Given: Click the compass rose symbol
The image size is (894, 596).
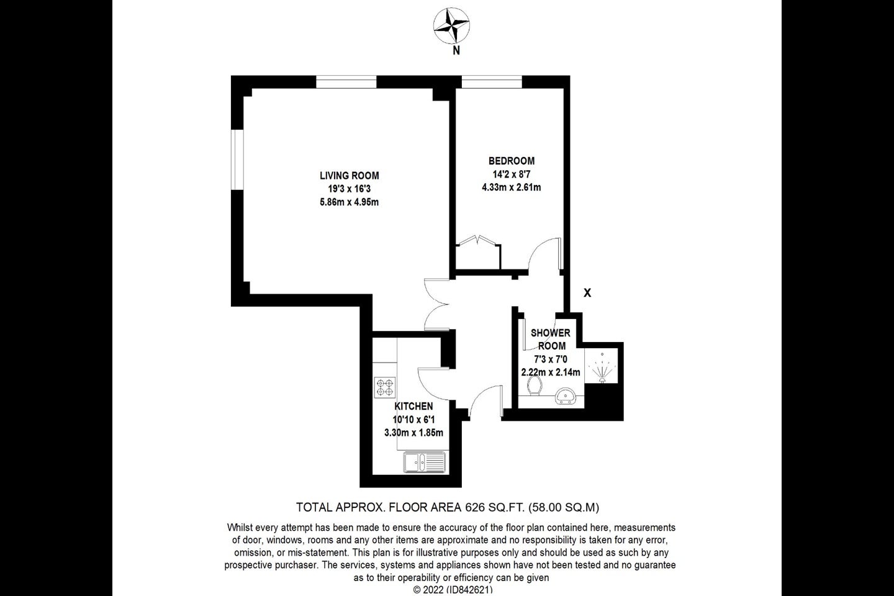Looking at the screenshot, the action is coord(451,26).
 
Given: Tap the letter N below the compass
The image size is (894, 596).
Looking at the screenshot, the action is coord(456,51).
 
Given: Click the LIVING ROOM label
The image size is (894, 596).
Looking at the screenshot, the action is coord(349,176).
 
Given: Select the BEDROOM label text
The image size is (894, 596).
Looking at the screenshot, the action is coord(512,161).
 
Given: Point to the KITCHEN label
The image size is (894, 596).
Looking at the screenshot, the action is coord(413,407).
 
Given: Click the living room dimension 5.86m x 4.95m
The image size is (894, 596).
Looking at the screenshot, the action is coord(349,202).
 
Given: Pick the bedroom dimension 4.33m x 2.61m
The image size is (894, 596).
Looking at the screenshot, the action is coord(512,187).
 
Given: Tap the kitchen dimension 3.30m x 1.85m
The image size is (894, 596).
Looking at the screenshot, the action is coord(413,433).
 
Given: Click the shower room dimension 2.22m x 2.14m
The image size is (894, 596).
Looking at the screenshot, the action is coord(551,372).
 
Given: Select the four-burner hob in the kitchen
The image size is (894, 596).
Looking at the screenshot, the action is coord(385,387).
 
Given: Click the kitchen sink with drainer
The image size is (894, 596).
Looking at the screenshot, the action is coord(424,463).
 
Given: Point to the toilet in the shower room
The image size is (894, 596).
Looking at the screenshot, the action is coord(534,386).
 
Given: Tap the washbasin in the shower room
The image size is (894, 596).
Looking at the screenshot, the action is coord(565,395).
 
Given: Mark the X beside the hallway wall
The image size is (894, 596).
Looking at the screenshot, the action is coord(587,293).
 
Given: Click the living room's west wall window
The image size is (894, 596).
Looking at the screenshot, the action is coord(237,160).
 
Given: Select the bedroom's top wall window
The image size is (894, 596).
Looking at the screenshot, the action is coord(492,82).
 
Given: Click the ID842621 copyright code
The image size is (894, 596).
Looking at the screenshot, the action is coord(471,589).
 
